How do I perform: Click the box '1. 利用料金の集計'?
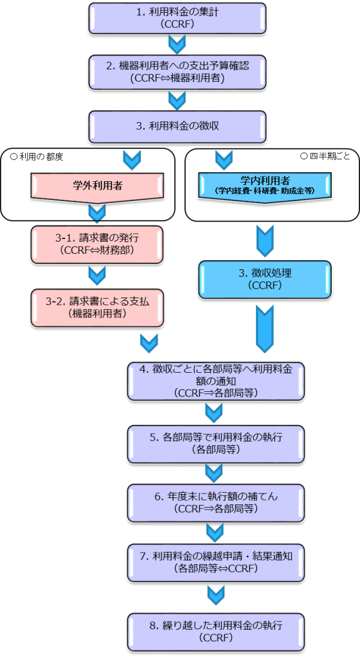pyautogui.click(x=177, y=19)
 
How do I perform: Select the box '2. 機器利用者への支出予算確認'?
pyautogui.click(x=177, y=72)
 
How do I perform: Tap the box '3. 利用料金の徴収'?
pyautogui.click(x=177, y=127)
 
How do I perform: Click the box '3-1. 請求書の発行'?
pyautogui.click(x=97, y=244)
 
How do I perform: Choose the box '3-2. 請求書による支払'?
pyautogui.click(x=97, y=308)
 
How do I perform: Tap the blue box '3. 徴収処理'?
pyautogui.click(x=265, y=280)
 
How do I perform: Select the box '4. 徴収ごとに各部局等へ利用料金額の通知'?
pyautogui.click(x=216, y=381)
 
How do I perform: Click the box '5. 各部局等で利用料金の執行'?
pyautogui.click(x=216, y=443)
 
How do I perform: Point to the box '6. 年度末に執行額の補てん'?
pyautogui.click(x=216, y=502)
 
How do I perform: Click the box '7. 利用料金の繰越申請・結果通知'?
pyautogui.click(x=216, y=562)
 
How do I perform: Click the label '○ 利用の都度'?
pyautogui.click(x=37, y=157)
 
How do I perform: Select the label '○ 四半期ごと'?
pyautogui.click(x=325, y=157)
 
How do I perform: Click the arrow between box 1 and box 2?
pyautogui.click(x=177, y=44)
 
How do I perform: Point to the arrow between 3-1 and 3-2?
pyautogui.click(x=97, y=276)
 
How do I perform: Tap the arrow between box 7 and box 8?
pyautogui.click(x=216, y=596)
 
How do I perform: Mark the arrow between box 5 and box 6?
pyautogui.click(x=214, y=473)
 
